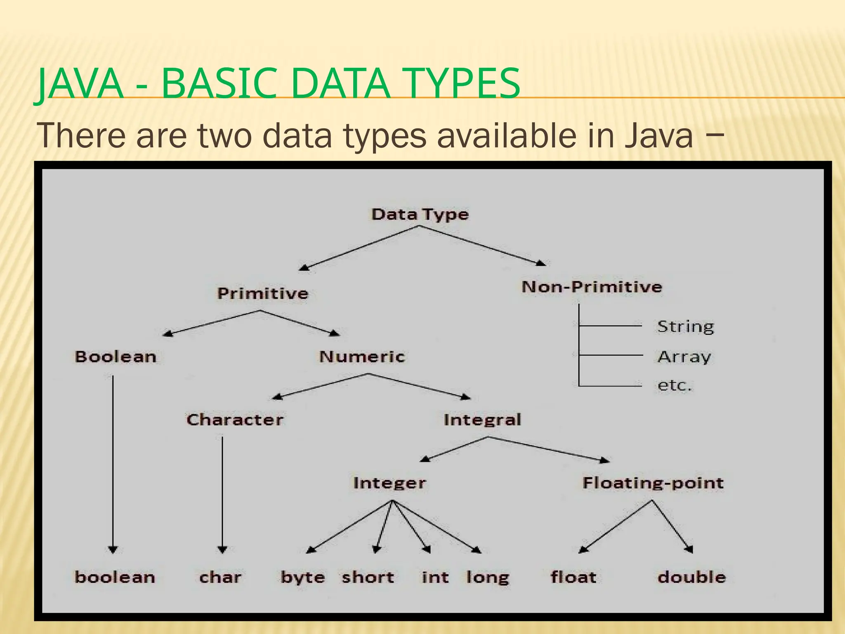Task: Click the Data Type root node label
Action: coord(420,215)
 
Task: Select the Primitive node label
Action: coord(263,293)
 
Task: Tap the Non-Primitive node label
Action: coord(592,286)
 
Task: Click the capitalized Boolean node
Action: coord(116,357)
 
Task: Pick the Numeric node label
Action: coord(362,357)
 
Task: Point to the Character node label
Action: coord(235,420)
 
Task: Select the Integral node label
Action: coord(482,420)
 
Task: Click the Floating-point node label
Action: coord(653,483)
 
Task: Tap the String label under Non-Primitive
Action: coord(685,326)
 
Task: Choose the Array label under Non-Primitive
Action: coord(684,357)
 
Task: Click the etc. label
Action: coord(674,385)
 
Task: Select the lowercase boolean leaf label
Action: coord(115,577)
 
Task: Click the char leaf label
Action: coord(220,577)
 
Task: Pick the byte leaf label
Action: coord(302,577)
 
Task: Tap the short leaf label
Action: coord(368,577)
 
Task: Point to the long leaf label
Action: coord(488,577)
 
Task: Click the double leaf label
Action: coord(692,577)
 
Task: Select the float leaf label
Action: coord(573,577)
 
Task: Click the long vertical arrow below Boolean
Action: coord(113,462)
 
